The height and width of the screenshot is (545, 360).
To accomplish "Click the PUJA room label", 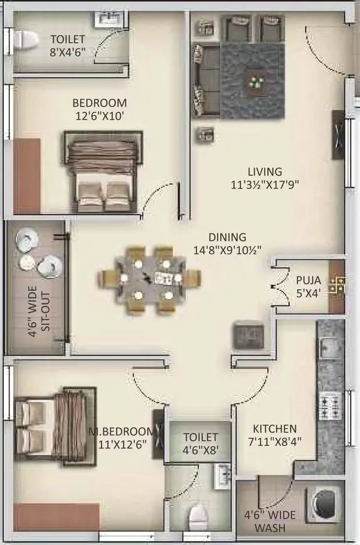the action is click(x=308, y=280).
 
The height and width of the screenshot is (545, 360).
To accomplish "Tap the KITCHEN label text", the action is click(x=275, y=428).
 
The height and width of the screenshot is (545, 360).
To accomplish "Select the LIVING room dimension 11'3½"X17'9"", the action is click(x=265, y=184).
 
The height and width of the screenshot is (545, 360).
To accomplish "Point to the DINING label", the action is click(x=227, y=237).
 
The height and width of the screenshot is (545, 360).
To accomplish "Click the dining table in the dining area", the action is click(x=150, y=280).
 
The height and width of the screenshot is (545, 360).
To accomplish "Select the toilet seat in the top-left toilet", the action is click(x=26, y=41).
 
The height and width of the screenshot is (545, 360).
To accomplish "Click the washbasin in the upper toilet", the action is click(x=110, y=19).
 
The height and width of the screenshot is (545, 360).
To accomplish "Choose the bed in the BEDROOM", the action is click(x=103, y=171).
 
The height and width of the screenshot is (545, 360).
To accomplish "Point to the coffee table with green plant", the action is click(x=256, y=83).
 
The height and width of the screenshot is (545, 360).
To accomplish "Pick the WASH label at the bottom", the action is click(x=270, y=528).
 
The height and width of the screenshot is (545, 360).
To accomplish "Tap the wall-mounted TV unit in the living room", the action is click(x=339, y=135).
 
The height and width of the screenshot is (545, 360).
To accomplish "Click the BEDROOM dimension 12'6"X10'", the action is click(x=100, y=116).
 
